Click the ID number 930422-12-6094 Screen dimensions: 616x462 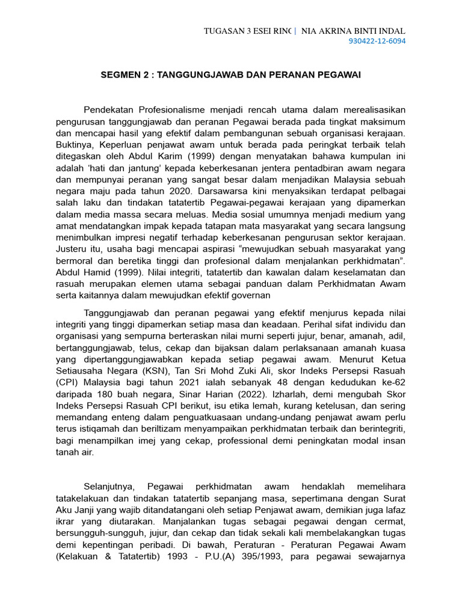click(x=377, y=42)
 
